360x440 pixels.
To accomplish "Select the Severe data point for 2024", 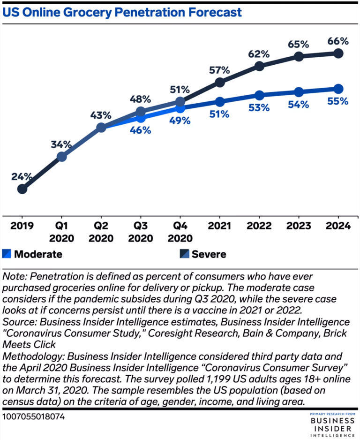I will [x=338, y=53].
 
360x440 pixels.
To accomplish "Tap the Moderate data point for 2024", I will [x=338, y=89].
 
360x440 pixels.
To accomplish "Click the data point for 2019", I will [x=22, y=189].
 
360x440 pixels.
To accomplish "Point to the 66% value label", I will [x=338, y=41].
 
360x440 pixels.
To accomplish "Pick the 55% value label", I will [x=338, y=101].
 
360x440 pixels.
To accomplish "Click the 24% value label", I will [x=22, y=177].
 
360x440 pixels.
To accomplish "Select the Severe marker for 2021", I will [x=219, y=83].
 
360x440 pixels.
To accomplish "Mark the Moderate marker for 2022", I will [x=259, y=95].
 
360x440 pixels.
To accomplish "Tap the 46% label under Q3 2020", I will [x=140, y=130].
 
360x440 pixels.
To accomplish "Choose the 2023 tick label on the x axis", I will [x=299, y=226].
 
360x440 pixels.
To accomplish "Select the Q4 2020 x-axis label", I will [x=180, y=232].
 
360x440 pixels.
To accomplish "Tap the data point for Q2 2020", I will [x=101, y=127].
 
